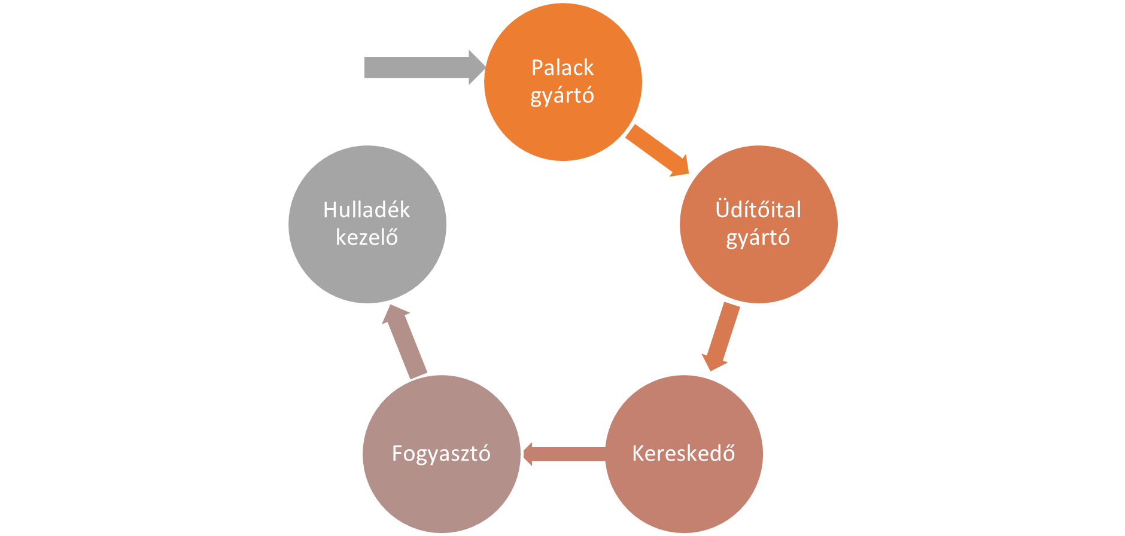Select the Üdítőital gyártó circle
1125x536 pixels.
click(758, 269)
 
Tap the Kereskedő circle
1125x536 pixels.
click(683, 491)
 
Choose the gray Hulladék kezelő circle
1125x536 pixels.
click(367, 269)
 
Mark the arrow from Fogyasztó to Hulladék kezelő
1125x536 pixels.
click(405, 341)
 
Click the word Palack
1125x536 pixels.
click(562, 68)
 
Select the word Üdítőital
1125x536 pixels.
click(758, 210)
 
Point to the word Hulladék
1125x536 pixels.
click(367, 210)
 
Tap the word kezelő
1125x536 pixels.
click(367, 237)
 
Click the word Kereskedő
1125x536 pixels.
click(683, 453)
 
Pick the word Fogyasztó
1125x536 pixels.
click(441, 453)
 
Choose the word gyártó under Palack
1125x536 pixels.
click(562, 96)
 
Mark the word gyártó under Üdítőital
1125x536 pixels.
click(758, 238)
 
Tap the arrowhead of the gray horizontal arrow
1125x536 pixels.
click(476, 68)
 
